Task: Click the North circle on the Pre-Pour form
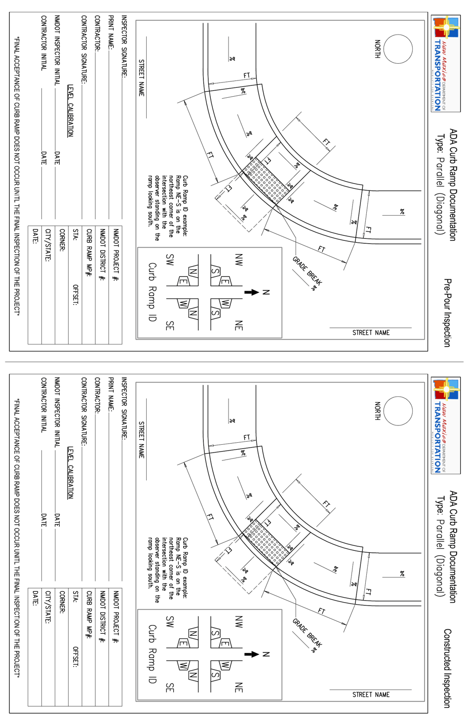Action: (x=398, y=49)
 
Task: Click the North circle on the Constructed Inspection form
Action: (x=398, y=411)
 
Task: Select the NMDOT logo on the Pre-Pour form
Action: (x=445, y=63)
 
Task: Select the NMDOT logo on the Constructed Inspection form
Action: (x=445, y=425)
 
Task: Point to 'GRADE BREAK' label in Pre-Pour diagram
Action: (x=307, y=271)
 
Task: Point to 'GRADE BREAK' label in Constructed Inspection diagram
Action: (x=307, y=633)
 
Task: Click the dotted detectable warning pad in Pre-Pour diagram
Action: (x=267, y=181)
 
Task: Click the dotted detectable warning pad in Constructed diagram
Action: (x=267, y=542)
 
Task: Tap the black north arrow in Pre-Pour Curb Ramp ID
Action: (x=252, y=292)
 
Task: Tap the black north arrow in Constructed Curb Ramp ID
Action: (x=252, y=654)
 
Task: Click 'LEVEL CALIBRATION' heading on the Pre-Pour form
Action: (x=70, y=111)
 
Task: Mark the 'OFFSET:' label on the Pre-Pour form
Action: (x=76, y=295)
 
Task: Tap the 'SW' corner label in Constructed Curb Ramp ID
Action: (x=170, y=621)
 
